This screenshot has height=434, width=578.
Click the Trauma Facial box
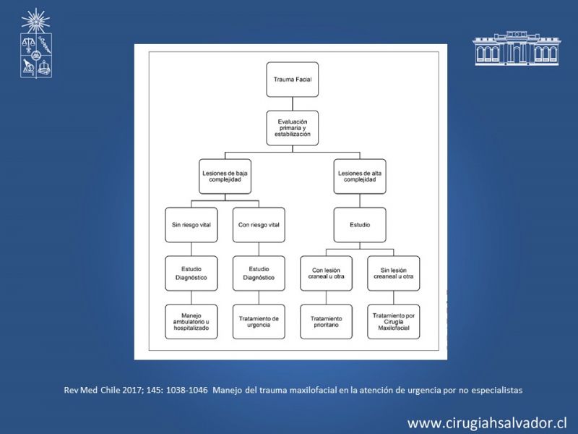(x=293, y=80)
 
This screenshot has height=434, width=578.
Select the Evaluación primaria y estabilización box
(x=293, y=128)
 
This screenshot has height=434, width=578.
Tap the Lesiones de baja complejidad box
(x=225, y=176)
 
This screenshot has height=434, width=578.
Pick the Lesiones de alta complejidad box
(x=360, y=176)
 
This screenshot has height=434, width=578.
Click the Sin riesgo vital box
(x=191, y=225)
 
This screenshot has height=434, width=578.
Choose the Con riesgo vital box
(x=259, y=225)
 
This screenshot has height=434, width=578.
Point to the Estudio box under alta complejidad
(x=360, y=225)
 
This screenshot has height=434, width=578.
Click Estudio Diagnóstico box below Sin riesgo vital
(x=191, y=273)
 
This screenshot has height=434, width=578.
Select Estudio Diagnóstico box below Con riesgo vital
(x=259, y=273)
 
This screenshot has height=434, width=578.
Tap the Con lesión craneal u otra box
(x=327, y=273)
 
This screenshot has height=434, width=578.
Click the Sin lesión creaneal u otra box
(x=394, y=273)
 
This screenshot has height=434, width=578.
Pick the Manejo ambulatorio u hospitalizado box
(x=191, y=322)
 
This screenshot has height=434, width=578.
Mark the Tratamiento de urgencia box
(x=259, y=322)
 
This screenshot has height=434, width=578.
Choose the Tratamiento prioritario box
(x=327, y=322)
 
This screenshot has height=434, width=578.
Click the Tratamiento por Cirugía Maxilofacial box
(x=394, y=322)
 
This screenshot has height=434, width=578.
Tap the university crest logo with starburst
(x=35, y=43)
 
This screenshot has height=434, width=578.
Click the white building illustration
(x=517, y=48)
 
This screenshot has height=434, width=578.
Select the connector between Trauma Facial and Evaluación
(x=293, y=103)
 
